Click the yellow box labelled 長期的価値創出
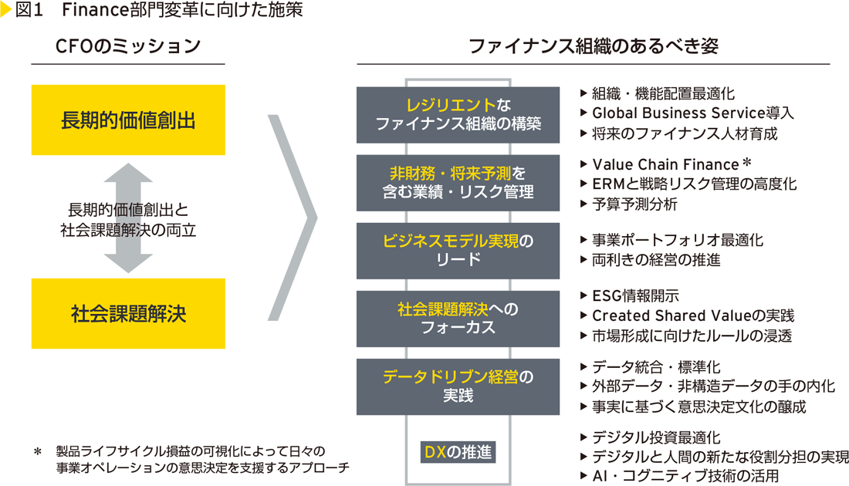tap(128, 120)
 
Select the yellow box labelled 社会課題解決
tap(128, 313)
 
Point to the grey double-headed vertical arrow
tap(128, 219)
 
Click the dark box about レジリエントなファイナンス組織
tap(458, 114)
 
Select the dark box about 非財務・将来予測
tap(458, 183)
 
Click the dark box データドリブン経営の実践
tap(458, 386)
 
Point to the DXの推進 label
tap(458, 452)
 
